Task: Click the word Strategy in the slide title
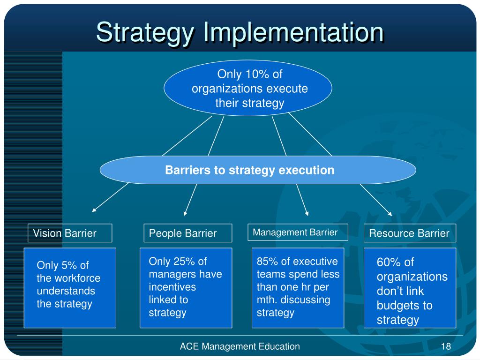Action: tap(145, 32)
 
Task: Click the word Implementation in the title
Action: tap(294, 32)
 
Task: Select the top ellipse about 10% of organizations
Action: tap(248, 88)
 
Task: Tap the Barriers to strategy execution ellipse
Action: tap(257, 170)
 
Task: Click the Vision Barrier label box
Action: tap(70, 233)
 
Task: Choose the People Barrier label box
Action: tap(187, 233)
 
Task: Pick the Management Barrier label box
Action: tap(298, 232)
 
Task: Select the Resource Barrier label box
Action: tap(410, 233)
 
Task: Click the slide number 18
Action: tap(445, 346)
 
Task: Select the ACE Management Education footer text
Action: tap(240, 346)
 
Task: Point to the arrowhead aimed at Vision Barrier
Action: tap(94, 210)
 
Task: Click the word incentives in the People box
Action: tap(172, 287)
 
